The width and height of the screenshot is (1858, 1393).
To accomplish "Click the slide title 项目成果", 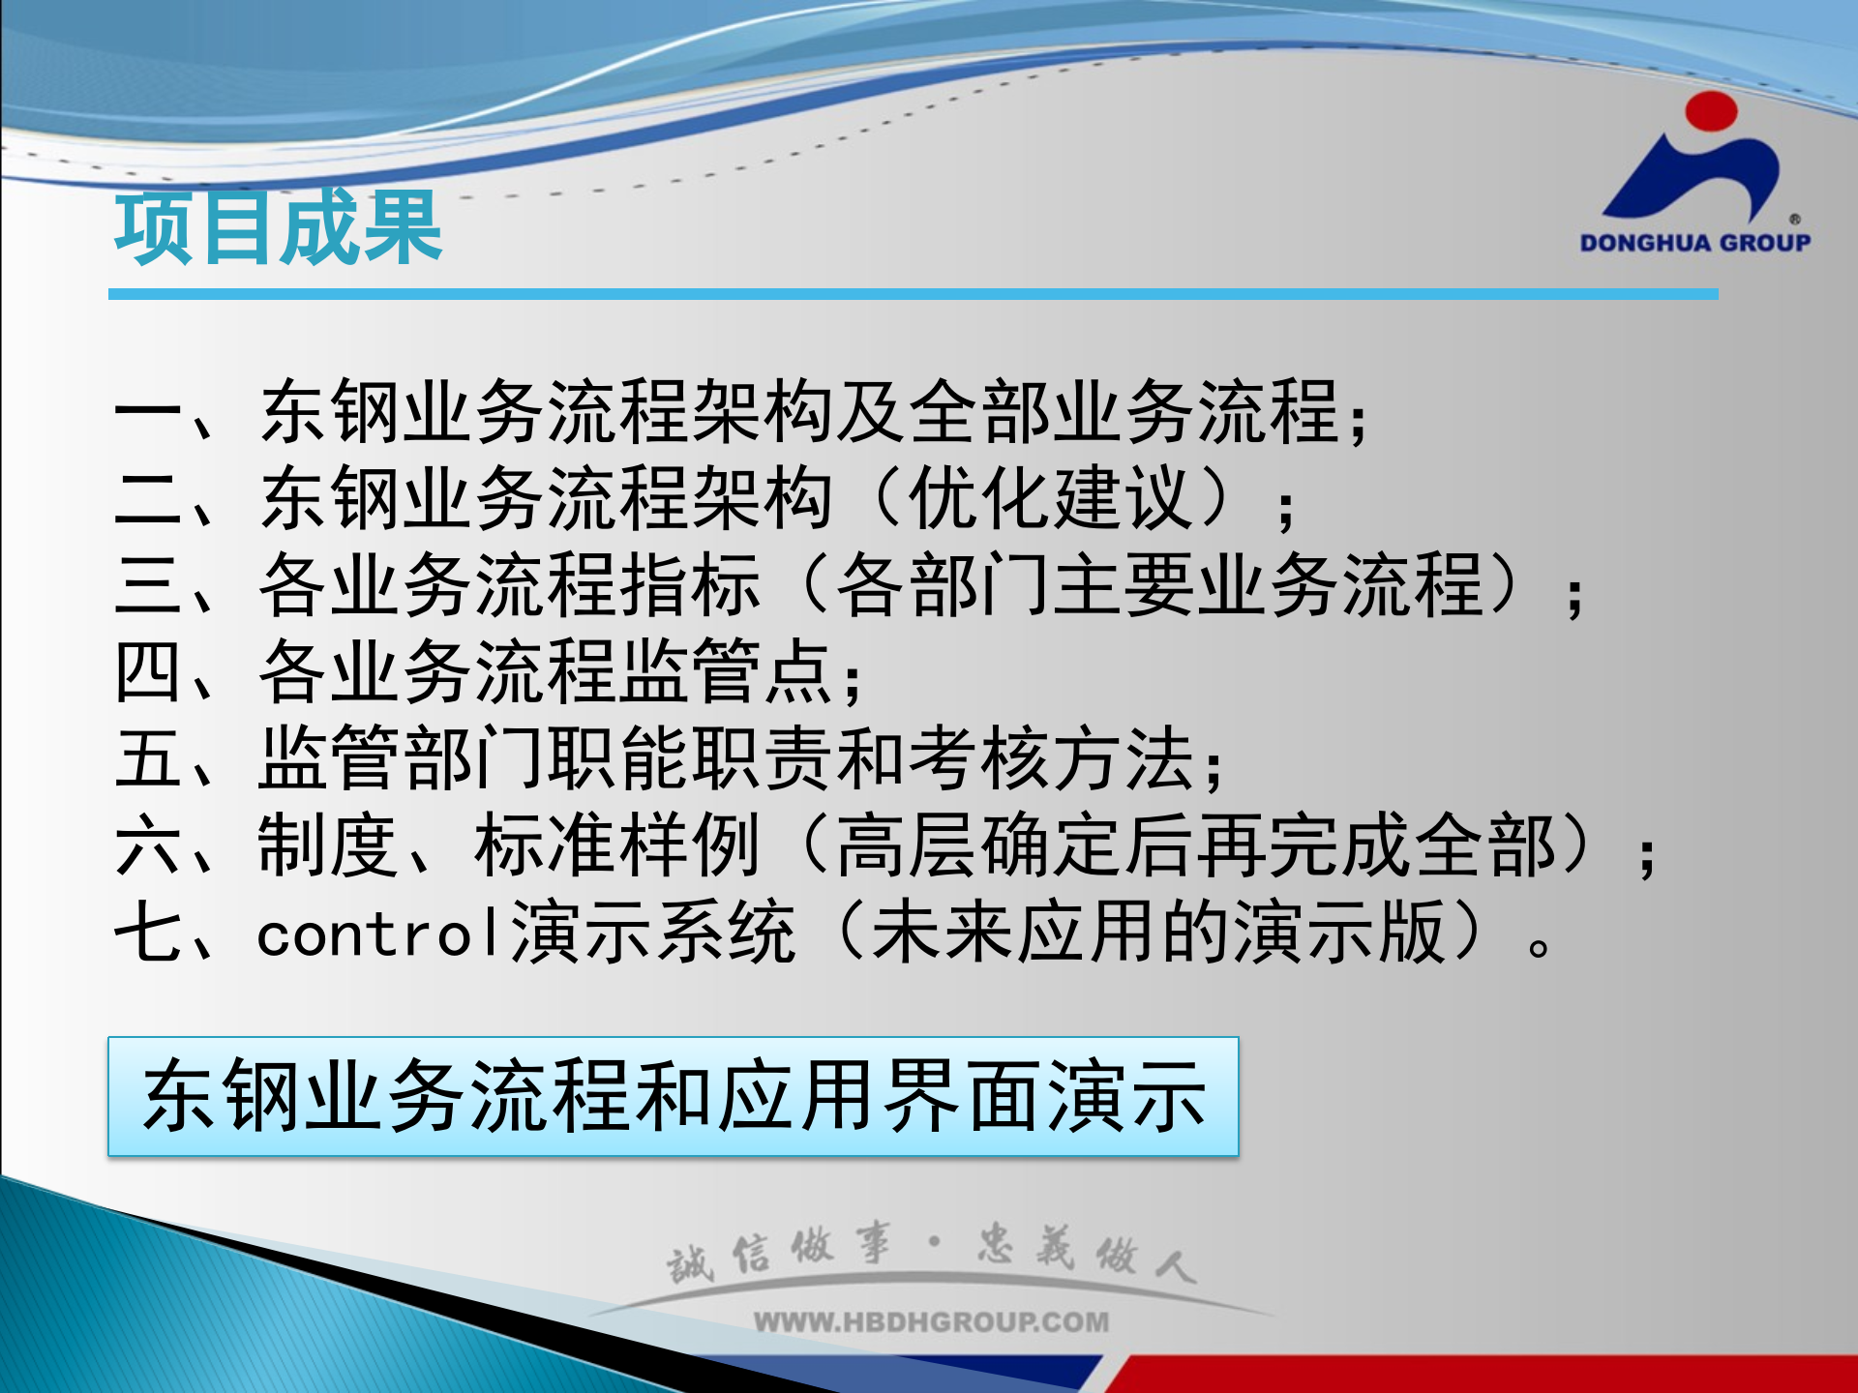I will tap(279, 228).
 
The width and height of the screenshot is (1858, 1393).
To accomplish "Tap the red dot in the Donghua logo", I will tap(1711, 111).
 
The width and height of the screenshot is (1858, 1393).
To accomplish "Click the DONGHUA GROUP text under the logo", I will tap(1694, 243).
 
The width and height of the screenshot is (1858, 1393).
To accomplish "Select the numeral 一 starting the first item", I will tap(147, 413).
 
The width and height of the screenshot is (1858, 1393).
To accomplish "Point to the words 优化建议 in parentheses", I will tap(1051, 499).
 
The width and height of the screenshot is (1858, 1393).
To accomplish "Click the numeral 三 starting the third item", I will tap(147, 585).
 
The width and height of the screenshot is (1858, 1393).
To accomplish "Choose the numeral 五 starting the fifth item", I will tap(147, 758).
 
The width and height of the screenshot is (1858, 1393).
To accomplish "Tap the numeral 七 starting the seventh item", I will tap(147, 933).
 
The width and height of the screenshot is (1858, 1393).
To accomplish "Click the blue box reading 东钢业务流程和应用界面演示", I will tap(674, 1096).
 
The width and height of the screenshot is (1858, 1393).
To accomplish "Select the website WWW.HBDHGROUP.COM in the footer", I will tap(931, 1321).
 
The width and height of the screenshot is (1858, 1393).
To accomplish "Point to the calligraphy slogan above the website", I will tap(931, 1254).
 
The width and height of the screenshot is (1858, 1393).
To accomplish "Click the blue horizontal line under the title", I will tap(913, 294).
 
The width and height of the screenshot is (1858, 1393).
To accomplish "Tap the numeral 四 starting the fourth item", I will tap(147, 671).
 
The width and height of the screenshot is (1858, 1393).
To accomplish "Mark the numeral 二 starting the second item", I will tap(147, 499).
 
